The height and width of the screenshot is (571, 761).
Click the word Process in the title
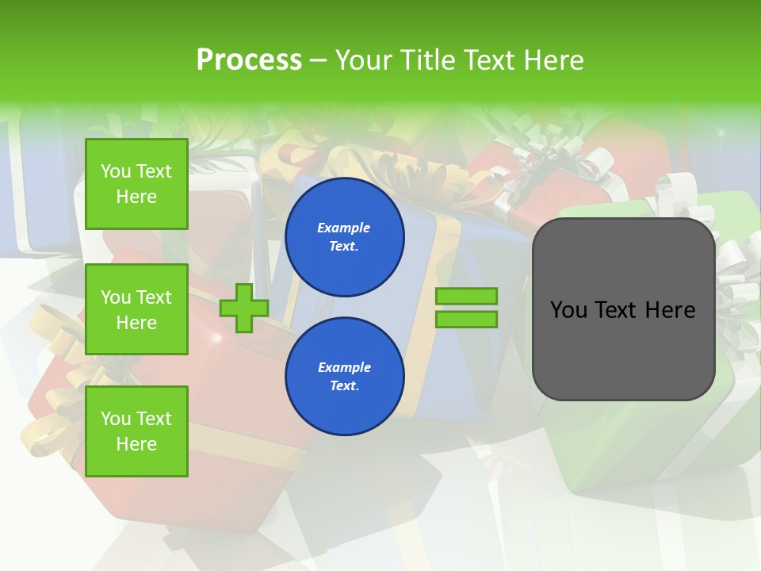[x=249, y=60]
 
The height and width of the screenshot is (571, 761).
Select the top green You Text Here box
[x=136, y=184]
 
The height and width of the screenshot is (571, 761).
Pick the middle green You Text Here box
[x=136, y=309]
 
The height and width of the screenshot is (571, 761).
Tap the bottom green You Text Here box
[x=136, y=431]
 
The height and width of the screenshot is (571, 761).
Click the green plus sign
[x=244, y=308]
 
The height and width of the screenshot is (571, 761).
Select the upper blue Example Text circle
[x=344, y=237]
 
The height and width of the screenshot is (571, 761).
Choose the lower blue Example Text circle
[x=344, y=377]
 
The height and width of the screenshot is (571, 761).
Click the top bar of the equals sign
[x=466, y=297]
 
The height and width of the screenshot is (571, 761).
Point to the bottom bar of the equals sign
[x=466, y=320]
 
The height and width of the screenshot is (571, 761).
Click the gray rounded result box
[x=623, y=349]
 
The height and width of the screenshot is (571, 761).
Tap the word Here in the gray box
[x=670, y=310]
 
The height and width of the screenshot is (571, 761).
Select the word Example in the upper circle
[x=344, y=228]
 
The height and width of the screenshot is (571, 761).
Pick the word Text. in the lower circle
[x=344, y=386]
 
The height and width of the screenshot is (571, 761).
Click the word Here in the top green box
[x=136, y=197]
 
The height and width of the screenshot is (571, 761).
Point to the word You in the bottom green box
[x=115, y=419]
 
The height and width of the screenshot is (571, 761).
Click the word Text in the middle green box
[x=153, y=297]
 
